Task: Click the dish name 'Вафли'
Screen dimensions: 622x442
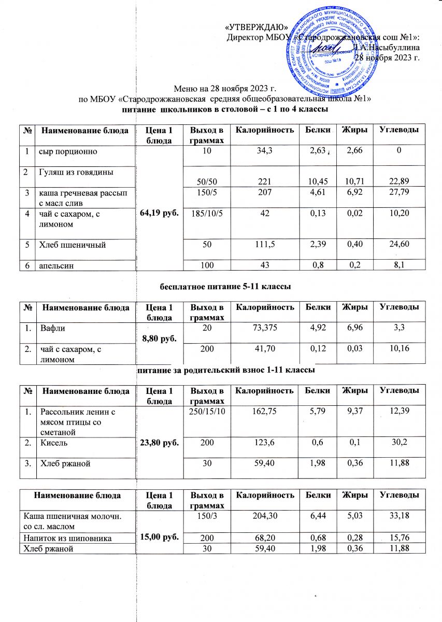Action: point(51,328)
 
